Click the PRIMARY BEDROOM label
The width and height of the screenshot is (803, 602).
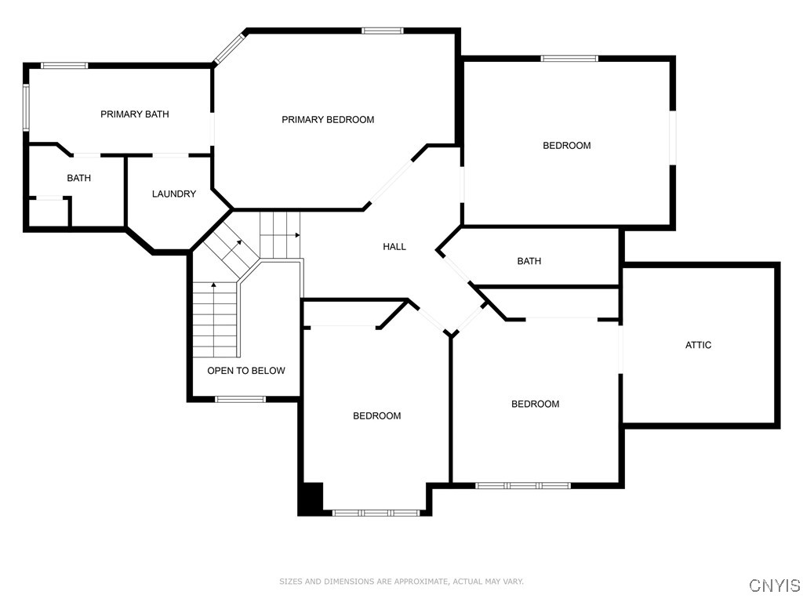(x=328, y=120)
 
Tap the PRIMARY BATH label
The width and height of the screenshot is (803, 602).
(x=135, y=114)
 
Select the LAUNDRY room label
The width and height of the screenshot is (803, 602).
(x=174, y=194)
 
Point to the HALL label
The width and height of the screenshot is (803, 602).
(x=394, y=247)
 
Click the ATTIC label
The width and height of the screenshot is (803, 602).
(x=699, y=345)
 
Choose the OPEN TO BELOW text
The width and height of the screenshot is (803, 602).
(x=246, y=371)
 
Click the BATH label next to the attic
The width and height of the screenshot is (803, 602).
(x=529, y=261)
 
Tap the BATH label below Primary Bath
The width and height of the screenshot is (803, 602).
(x=78, y=179)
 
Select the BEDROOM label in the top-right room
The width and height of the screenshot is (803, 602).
(x=567, y=146)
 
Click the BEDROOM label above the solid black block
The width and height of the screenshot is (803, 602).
(x=377, y=416)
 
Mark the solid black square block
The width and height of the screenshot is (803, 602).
(x=311, y=499)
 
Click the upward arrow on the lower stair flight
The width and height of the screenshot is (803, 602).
(x=213, y=286)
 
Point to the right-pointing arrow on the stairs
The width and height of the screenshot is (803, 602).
(x=297, y=234)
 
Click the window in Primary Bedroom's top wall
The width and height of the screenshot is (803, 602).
(x=383, y=31)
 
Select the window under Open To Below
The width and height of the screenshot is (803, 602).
(x=241, y=400)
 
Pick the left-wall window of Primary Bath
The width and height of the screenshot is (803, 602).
(x=26, y=107)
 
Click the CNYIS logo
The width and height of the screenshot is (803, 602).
(x=775, y=586)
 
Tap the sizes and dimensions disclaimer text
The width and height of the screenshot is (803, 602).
(x=401, y=582)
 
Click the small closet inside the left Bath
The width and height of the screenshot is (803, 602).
(x=49, y=213)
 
